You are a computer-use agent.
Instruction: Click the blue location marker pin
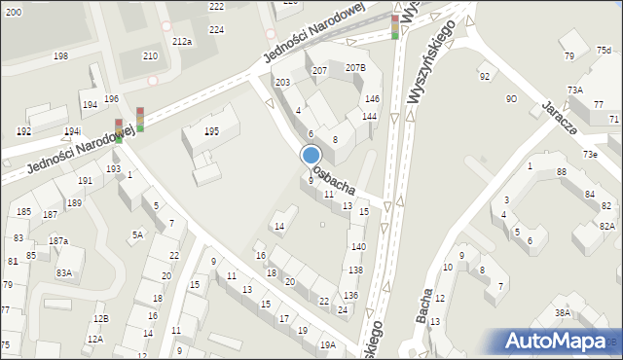tap(311, 156)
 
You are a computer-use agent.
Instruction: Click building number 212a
tap(181, 41)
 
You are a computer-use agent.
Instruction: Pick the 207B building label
tap(355, 67)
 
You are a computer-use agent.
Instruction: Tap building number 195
tap(211, 131)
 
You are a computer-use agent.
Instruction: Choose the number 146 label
tap(372, 99)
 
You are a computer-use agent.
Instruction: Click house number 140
tap(358, 247)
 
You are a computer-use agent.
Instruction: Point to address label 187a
tap(58, 240)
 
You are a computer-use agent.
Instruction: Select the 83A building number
tap(64, 273)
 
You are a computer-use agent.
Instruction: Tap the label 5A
tap(138, 234)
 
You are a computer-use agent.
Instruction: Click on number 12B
tap(100, 319)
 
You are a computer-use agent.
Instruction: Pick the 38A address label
tap(562, 312)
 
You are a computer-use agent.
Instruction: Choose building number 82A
tap(606, 226)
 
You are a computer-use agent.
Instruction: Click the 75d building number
tap(604, 51)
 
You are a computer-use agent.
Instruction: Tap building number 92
tap(484, 76)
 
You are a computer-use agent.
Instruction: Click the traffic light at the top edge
tap(395, 26)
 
